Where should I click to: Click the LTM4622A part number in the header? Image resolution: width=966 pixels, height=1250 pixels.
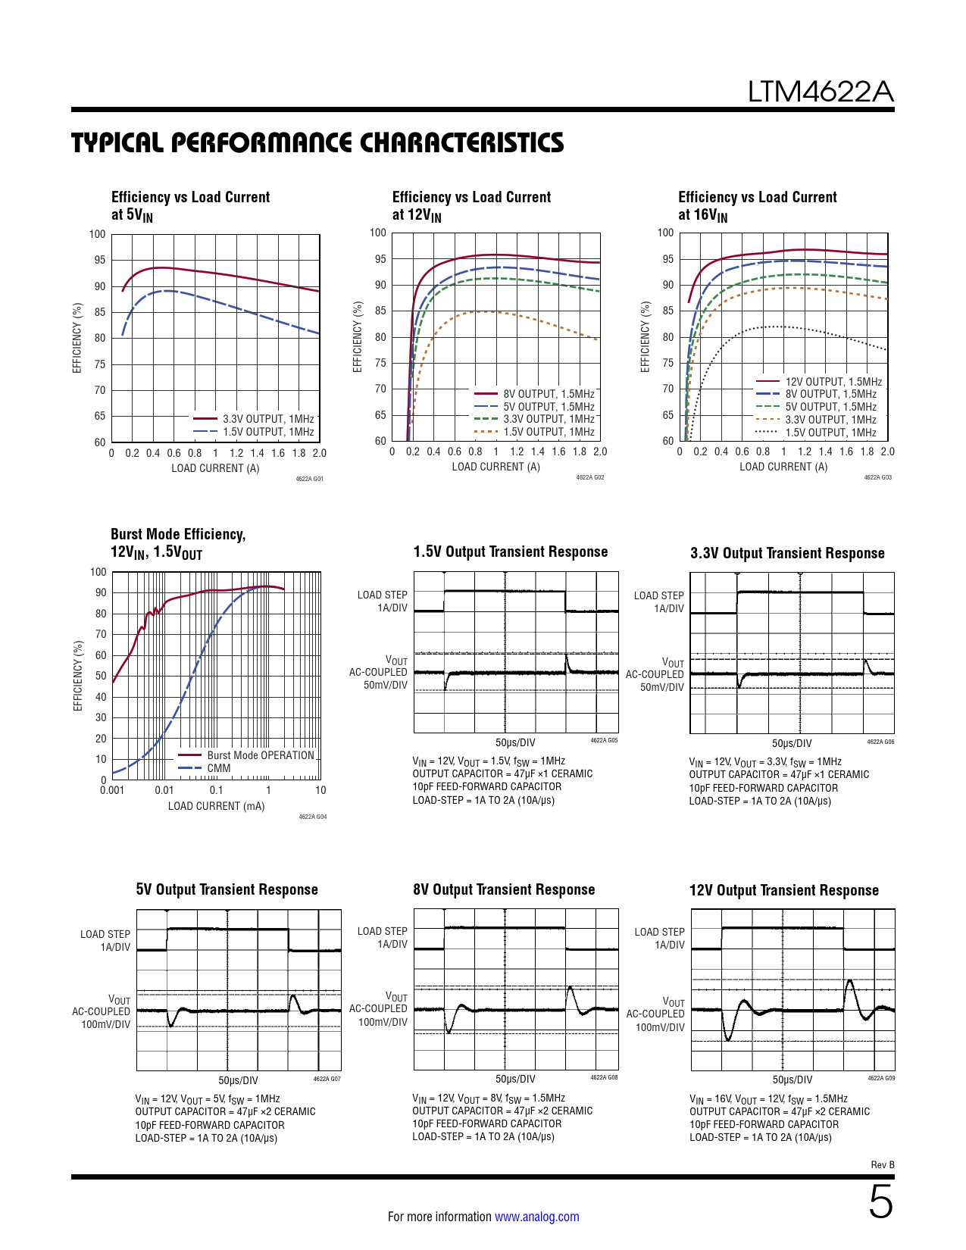[821, 92]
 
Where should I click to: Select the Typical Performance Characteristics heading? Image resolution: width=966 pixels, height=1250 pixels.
[317, 142]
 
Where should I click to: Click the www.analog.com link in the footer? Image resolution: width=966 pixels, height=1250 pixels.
[536, 1217]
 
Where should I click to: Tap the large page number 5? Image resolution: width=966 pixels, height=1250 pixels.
[880, 1202]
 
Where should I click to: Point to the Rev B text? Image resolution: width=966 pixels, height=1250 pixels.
[883, 1164]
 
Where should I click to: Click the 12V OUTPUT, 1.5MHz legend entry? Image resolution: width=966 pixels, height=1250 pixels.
[833, 382]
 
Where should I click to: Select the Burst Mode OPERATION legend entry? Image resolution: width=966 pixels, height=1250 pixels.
[261, 755]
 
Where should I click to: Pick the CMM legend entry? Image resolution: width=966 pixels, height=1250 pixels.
[219, 768]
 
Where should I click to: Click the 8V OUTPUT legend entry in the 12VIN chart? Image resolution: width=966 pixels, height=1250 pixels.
[549, 394]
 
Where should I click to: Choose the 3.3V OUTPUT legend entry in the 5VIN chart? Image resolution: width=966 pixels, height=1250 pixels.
[268, 419]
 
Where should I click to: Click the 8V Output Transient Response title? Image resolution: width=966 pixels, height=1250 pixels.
[504, 889]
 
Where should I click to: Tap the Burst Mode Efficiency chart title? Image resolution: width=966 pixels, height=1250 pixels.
[178, 543]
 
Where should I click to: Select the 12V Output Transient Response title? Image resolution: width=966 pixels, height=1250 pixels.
[784, 890]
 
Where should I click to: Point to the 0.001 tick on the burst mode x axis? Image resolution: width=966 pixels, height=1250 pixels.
[112, 790]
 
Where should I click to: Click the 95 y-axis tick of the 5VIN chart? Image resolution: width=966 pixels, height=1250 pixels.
[100, 260]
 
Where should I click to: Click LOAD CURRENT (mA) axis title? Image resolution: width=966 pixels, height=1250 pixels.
[217, 806]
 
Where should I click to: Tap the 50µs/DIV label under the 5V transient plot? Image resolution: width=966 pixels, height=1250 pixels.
[239, 1080]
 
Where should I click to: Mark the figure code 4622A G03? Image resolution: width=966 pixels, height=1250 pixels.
[878, 478]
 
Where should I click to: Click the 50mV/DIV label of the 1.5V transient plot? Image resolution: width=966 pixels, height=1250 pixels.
[386, 685]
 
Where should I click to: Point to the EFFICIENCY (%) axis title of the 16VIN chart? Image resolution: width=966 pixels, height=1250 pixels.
[646, 337]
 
